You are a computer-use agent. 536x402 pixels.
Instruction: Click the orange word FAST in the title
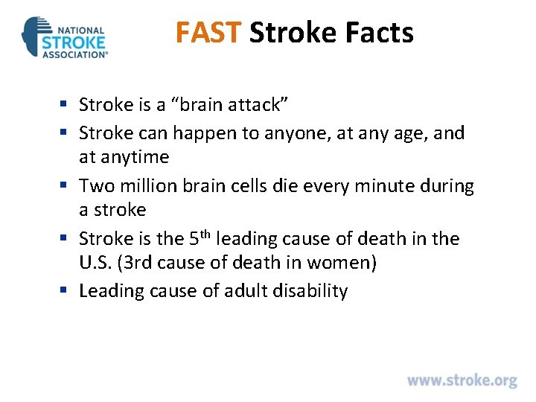click(208, 33)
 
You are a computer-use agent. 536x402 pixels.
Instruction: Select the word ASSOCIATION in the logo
click(74, 54)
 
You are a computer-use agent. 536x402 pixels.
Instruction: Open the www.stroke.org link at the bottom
click(462, 380)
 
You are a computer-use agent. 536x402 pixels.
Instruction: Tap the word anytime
click(134, 157)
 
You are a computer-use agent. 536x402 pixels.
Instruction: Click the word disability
click(313, 290)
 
